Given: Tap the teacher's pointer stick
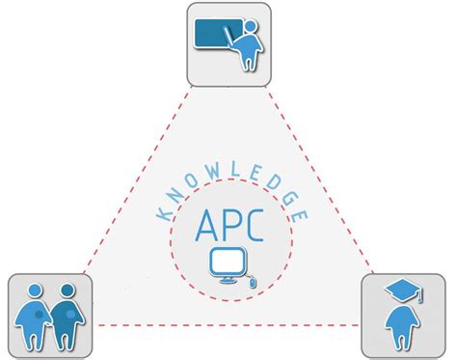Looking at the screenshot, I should pyautogui.click(x=231, y=36).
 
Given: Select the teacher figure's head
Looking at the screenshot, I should pyautogui.click(x=253, y=28).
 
